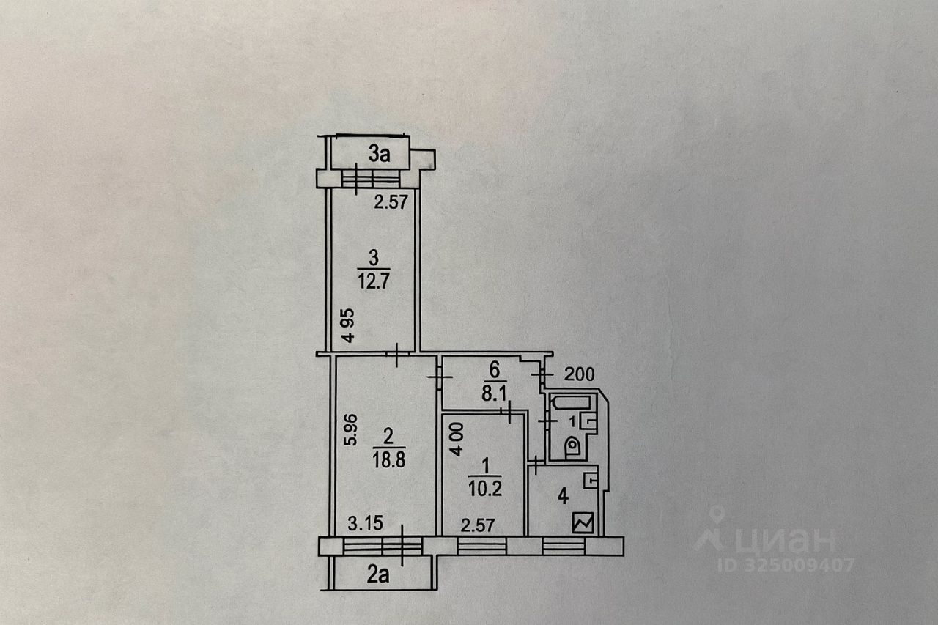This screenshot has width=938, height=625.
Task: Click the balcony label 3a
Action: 378,154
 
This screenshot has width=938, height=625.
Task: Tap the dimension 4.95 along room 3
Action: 350,327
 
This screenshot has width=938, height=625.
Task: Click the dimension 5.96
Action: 352,430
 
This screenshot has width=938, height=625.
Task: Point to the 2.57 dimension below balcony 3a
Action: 390,201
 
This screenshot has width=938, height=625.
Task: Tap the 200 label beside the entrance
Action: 579,374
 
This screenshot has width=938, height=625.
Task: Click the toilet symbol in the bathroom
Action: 572,448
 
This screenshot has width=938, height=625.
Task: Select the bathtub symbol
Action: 572,402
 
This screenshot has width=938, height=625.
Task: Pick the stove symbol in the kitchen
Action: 584,523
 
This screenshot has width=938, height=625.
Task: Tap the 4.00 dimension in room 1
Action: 455,438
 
